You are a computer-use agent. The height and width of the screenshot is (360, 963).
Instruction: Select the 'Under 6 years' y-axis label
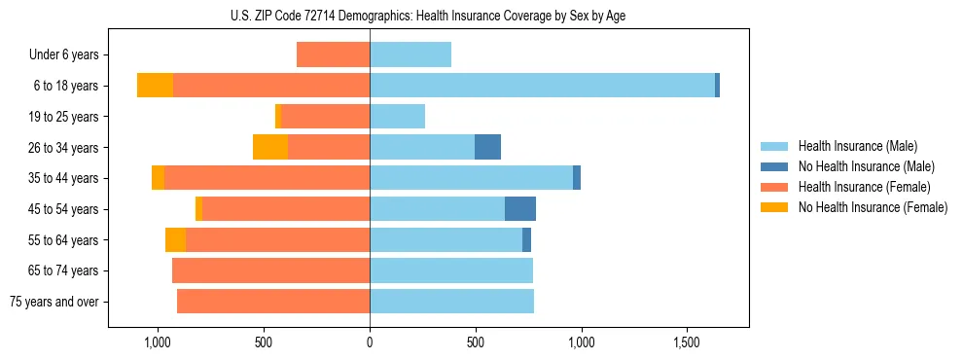click(62, 55)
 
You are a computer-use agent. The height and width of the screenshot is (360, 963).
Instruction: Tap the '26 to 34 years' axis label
click(62, 148)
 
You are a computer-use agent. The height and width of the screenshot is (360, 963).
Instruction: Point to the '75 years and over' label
click(54, 302)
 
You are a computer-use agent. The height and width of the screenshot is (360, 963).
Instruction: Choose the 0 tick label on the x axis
click(370, 343)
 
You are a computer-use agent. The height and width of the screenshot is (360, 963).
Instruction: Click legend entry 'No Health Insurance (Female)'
click(873, 207)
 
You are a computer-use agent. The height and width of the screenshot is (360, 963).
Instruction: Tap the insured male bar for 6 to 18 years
click(542, 86)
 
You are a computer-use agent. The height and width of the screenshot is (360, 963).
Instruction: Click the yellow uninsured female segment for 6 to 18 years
click(155, 86)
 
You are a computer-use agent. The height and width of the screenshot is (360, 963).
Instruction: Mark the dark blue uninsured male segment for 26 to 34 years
click(487, 147)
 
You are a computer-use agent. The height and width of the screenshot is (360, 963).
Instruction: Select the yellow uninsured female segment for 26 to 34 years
click(270, 147)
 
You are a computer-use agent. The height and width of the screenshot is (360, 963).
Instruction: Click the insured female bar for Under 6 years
click(333, 54)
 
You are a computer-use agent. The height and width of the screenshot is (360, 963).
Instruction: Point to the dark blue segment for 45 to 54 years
click(520, 208)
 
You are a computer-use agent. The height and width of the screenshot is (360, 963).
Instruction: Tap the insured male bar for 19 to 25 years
click(397, 117)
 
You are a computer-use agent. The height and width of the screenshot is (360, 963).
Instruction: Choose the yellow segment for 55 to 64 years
click(175, 239)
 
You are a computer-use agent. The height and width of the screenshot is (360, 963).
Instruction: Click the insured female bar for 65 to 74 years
click(270, 270)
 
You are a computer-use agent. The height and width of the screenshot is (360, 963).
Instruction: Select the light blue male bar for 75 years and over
click(451, 302)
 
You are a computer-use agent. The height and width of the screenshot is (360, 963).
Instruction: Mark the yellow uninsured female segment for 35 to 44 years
click(158, 178)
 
